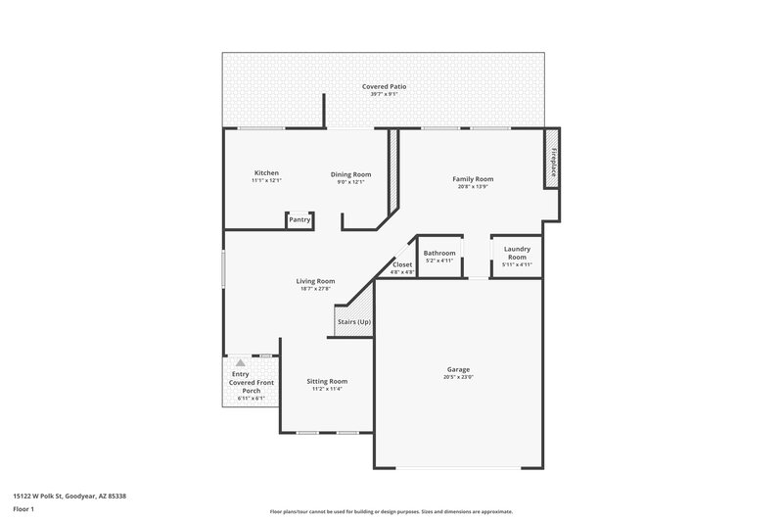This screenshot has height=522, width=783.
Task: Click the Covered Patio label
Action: (x=384, y=86)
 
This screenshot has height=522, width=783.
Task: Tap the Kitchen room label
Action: (x=266, y=173)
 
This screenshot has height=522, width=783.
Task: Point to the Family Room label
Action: (x=472, y=178)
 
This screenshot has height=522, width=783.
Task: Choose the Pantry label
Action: (x=299, y=220)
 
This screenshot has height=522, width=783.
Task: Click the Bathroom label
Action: (x=439, y=253)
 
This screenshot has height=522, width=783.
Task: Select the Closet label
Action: (x=402, y=264)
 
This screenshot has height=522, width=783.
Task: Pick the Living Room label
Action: (x=315, y=281)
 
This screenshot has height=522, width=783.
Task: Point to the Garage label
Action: (x=458, y=369)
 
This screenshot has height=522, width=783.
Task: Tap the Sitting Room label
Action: (x=326, y=381)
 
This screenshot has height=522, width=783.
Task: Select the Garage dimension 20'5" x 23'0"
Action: (x=458, y=378)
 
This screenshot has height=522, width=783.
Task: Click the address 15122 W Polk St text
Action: (x=69, y=496)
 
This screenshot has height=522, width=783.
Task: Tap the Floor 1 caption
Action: (x=24, y=509)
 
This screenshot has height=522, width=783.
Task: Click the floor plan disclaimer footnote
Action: (x=391, y=511)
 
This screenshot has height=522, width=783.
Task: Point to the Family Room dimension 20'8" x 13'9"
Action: (x=472, y=186)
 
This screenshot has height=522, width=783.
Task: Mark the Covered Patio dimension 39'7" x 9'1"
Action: (x=384, y=94)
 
